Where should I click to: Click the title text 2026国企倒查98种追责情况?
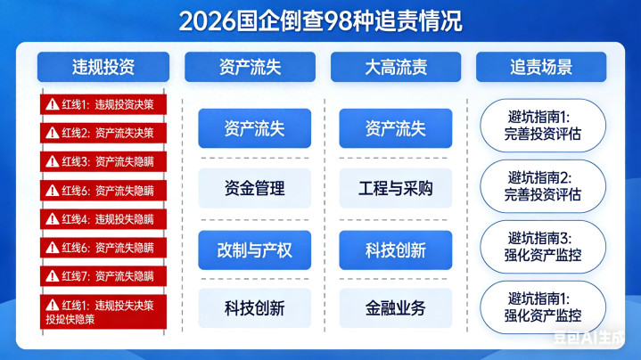(x=321, y=21)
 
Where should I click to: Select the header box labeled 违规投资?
(x=103, y=67)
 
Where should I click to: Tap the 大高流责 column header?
(x=396, y=67)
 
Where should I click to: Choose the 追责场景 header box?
(x=541, y=67)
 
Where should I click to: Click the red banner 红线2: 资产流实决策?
(x=103, y=133)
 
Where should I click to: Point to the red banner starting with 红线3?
(x=103, y=161)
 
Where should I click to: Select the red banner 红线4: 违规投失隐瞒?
(x=103, y=219)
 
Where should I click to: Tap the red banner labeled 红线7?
(x=103, y=276)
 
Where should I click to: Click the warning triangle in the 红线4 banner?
(x=53, y=219)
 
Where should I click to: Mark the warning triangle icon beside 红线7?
(x=53, y=276)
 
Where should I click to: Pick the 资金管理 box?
(x=255, y=188)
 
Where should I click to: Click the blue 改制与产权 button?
(x=255, y=250)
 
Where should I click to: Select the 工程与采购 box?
(x=396, y=188)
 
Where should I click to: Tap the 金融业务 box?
(x=396, y=308)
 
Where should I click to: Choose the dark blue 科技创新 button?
(x=396, y=250)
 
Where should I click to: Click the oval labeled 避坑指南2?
(x=543, y=186)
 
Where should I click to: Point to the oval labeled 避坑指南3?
(x=543, y=247)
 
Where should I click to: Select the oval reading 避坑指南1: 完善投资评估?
(x=543, y=126)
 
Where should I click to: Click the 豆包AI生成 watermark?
(x=589, y=337)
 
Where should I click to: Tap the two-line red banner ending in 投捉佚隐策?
(x=103, y=312)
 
